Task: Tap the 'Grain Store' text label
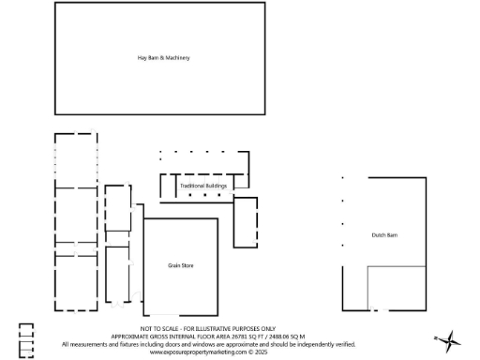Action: pos(180,266)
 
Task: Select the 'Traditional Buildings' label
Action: pos(203,186)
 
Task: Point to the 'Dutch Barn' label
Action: pos(384,234)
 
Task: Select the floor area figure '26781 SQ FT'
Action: pos(246,337)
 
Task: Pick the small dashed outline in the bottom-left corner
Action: pos(26,339)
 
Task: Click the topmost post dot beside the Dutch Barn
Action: pos(343,178)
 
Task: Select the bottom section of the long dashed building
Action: pos(75,281)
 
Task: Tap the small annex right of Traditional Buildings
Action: pos(246,222)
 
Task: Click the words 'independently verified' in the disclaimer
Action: pos(327,344)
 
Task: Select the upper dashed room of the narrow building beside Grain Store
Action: pos(118,208)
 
